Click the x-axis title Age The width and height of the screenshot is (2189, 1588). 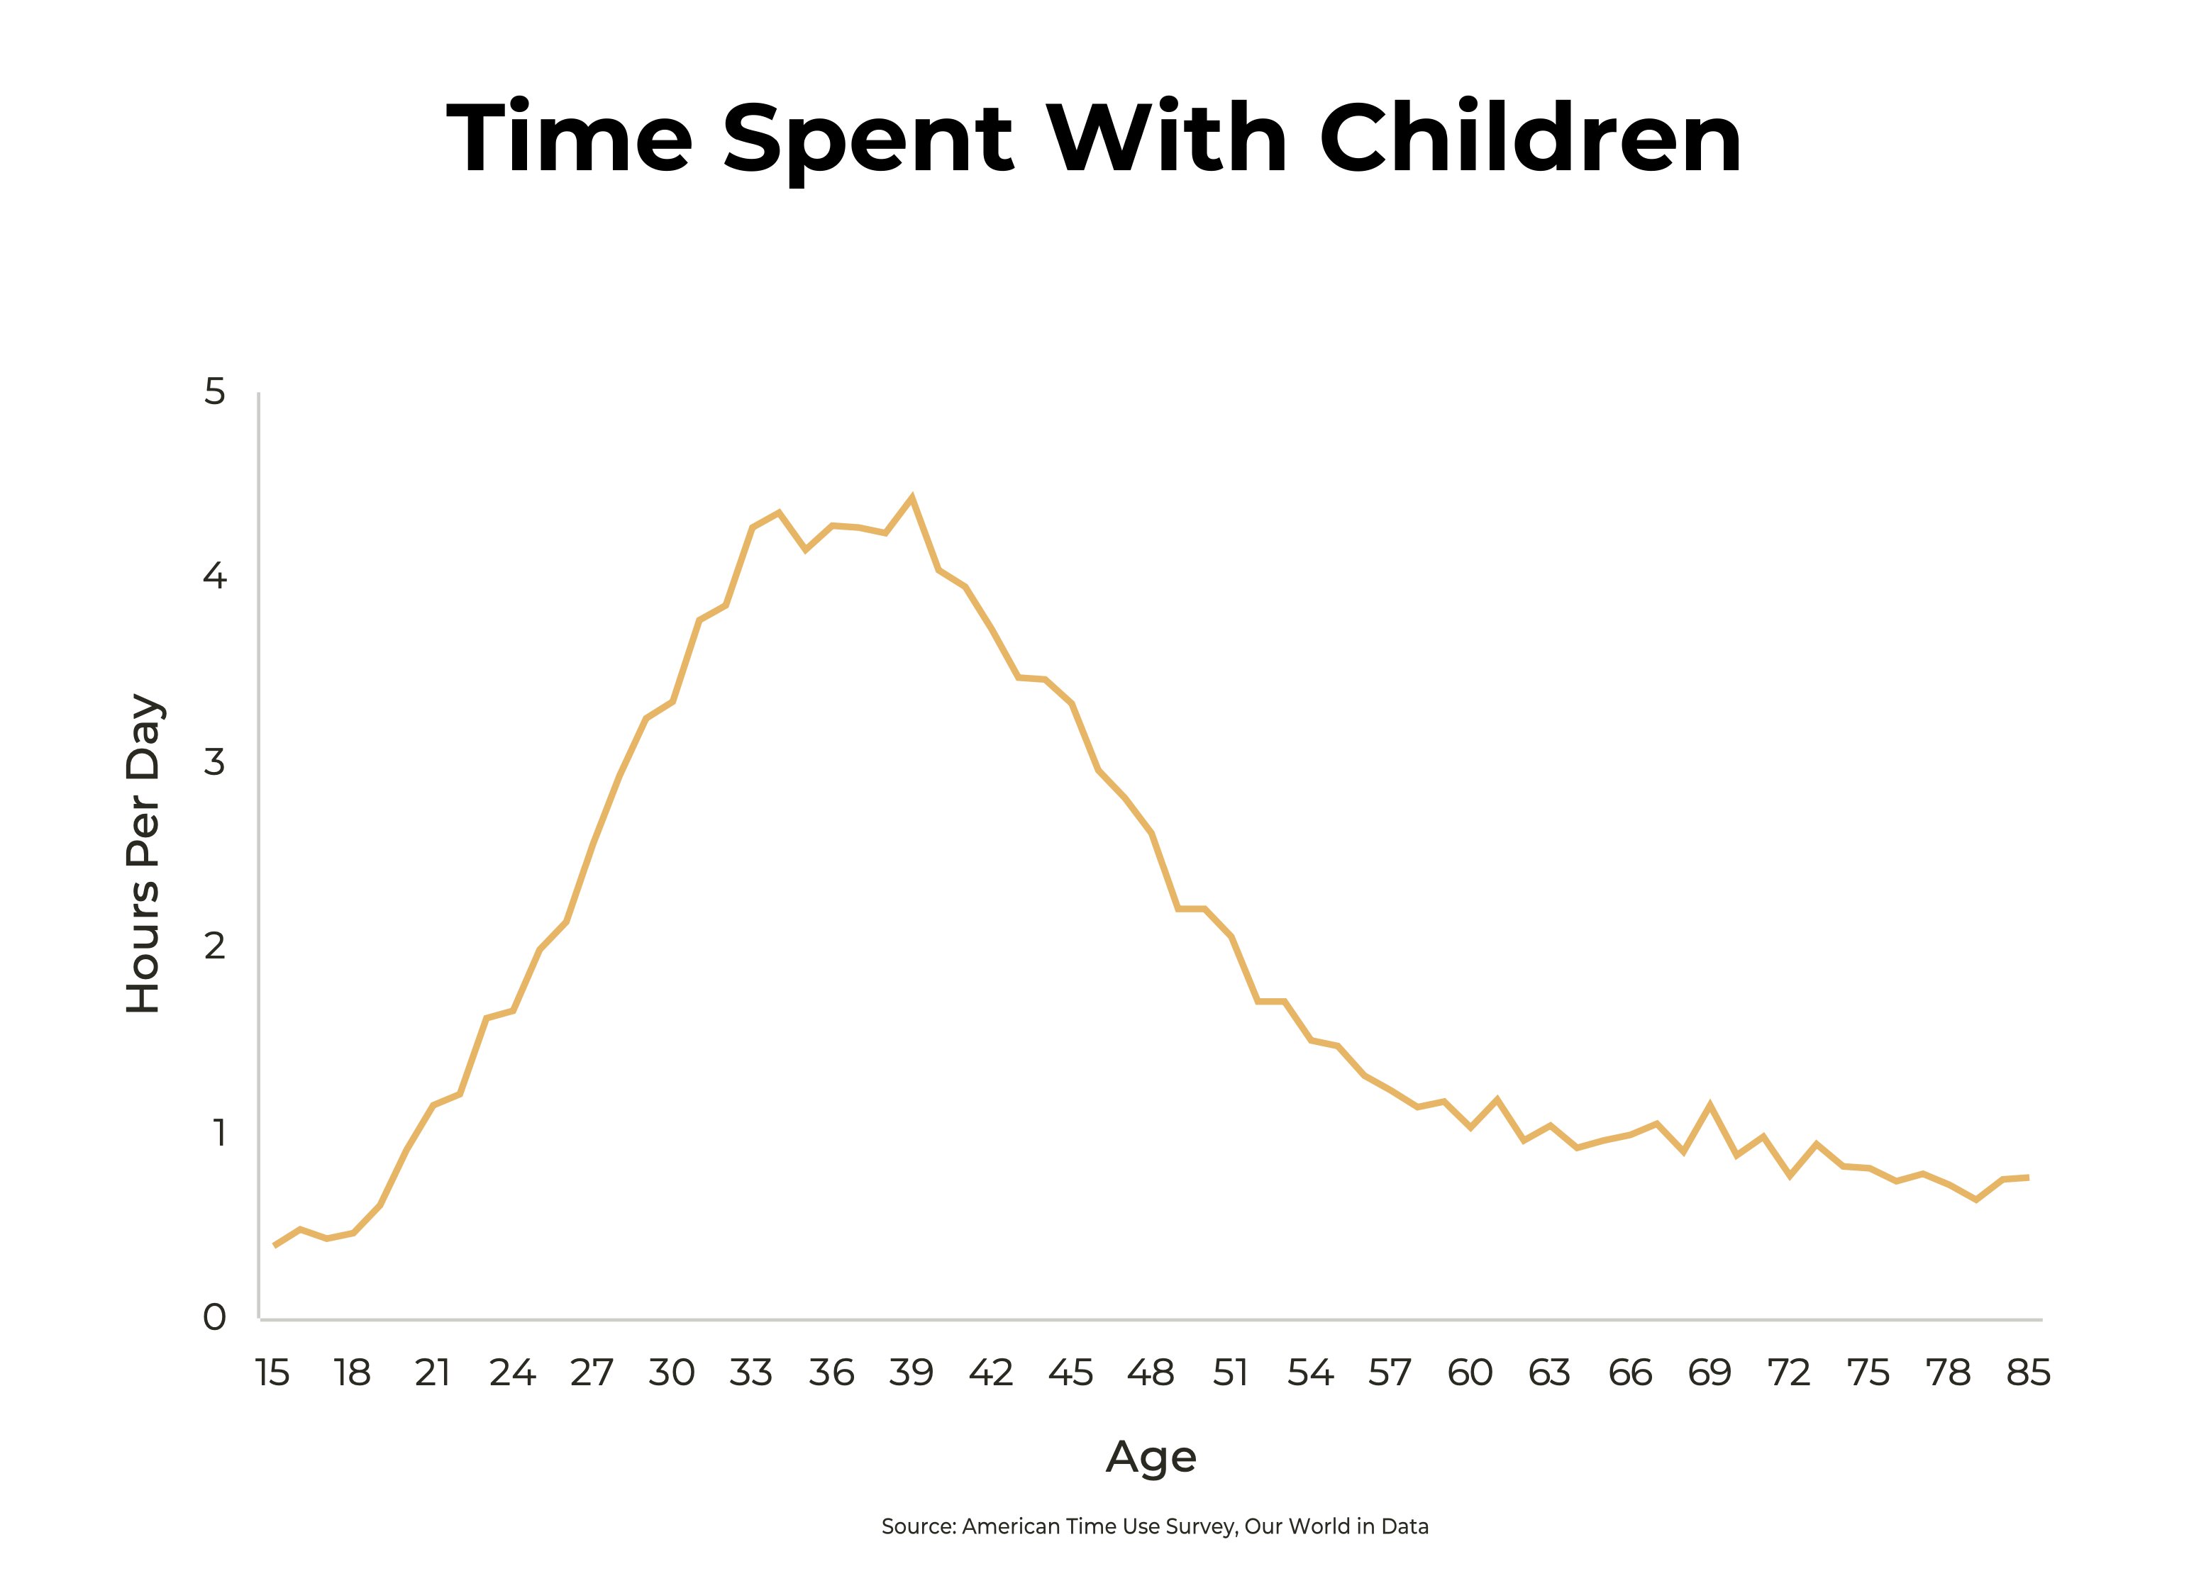click(1151, 1457)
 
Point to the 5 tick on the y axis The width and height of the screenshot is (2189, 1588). click(214, 392)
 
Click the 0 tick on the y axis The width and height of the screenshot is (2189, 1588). click(214, 1318)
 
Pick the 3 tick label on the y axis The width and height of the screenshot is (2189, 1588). click(214, 762)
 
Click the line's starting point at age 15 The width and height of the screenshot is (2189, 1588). click(275, 1246)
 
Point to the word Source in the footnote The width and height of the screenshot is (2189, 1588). click(917, 1526)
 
